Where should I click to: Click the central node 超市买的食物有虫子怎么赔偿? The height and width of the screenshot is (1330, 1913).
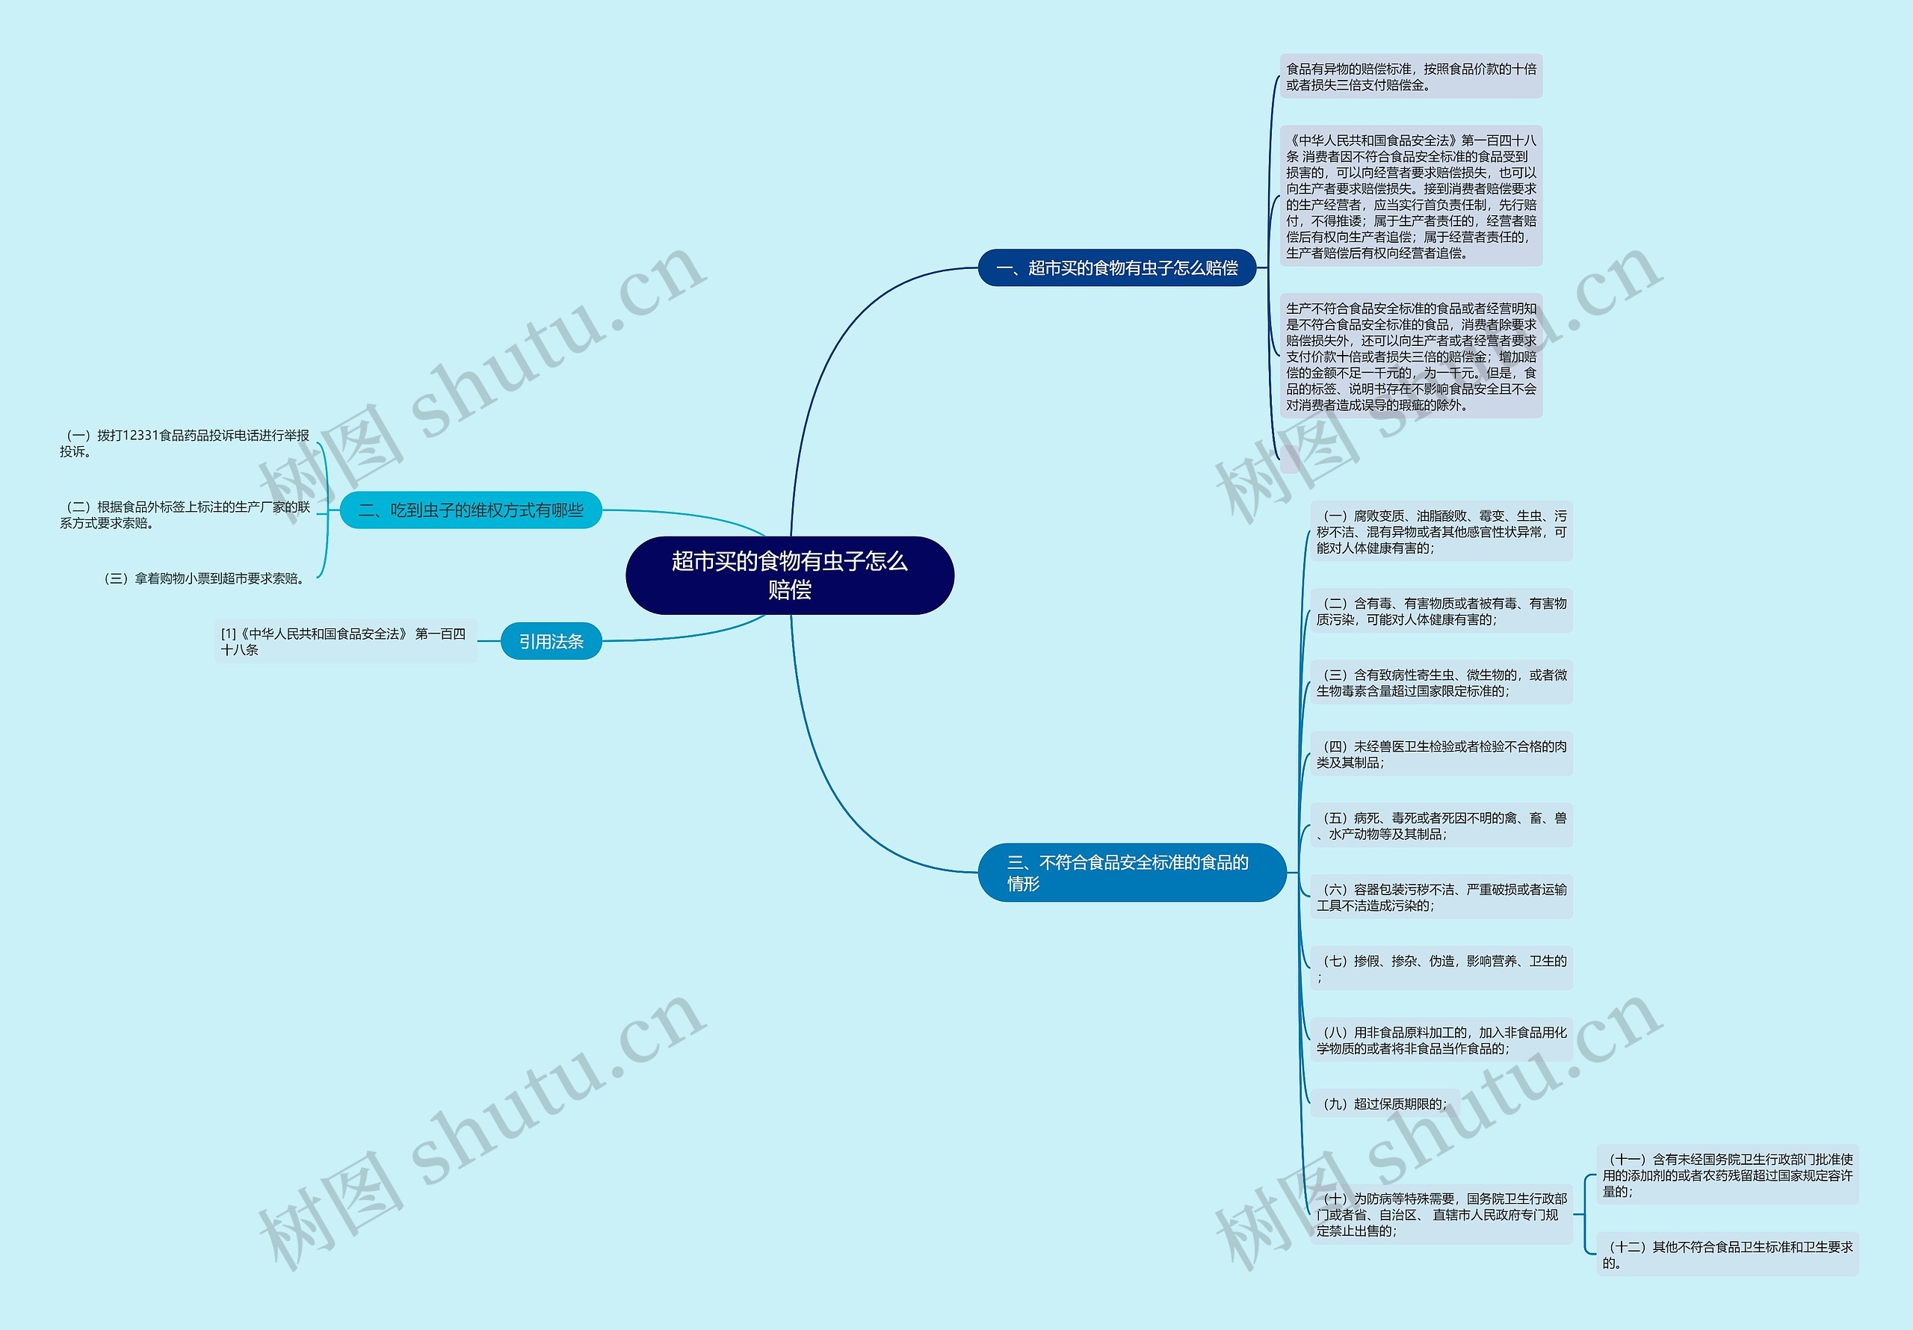point(789,575)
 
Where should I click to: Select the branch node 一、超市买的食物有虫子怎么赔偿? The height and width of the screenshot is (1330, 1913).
point(1116,267)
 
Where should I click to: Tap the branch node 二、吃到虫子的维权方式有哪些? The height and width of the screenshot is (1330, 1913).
point(471,510)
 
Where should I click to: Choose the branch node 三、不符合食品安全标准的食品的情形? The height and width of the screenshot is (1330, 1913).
point(1131,873)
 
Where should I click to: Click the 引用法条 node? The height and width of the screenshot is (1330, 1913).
point(551,642)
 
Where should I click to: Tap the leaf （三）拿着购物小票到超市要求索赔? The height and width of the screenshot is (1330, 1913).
point(204,578)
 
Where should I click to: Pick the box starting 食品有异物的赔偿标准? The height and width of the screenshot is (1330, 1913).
point(1411,77)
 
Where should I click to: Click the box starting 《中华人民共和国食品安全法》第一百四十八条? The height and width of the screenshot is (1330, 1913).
point(1411,197)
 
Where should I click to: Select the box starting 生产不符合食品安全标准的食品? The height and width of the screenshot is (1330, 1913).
point(1411,356)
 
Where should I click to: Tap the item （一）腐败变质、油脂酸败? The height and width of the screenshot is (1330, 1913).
point(1441,532)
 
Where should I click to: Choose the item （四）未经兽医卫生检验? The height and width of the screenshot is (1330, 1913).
point(1441,754)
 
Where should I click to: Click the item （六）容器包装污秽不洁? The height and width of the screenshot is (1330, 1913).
point(1441,897)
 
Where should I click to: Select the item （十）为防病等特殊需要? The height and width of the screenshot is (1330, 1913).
point(1441,1214)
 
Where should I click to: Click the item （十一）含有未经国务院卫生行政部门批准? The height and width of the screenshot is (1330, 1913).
point(1727,1175)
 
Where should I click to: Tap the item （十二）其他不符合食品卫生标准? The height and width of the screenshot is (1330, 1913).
point(1727,1255)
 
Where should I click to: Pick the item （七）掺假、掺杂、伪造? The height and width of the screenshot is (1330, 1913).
point(1441,968)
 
